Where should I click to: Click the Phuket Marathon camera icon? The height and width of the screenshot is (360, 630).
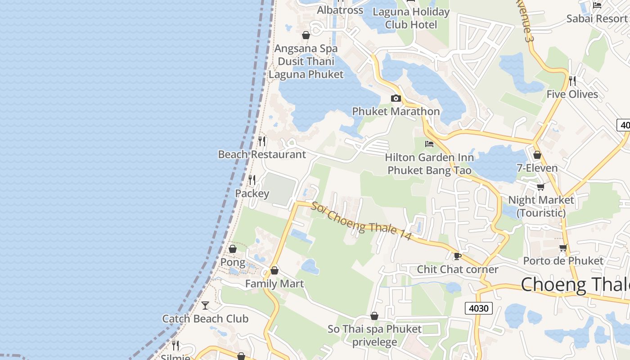396,99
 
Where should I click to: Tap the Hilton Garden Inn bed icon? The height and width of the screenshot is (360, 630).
429,144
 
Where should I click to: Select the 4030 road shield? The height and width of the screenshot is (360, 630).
478,308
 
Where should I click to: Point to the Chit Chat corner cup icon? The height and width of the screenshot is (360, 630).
458,256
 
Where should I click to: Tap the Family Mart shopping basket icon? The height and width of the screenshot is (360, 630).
274,271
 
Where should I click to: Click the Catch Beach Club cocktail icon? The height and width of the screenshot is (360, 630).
205,306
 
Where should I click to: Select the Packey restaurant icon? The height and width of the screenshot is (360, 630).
252,180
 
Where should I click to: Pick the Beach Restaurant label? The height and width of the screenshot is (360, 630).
262,154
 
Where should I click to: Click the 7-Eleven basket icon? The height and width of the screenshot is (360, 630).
537,155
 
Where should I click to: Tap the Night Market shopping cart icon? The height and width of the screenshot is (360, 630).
540,187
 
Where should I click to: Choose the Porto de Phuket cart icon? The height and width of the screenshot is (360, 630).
563,247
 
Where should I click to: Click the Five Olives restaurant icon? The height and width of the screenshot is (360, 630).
572,81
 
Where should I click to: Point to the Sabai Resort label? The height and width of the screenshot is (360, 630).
597,18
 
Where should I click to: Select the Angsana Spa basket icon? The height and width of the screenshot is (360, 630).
306,35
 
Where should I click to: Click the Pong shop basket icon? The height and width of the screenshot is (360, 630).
233,249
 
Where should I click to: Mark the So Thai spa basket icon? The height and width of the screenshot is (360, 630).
374,316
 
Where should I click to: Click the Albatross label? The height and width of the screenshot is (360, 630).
340,10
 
